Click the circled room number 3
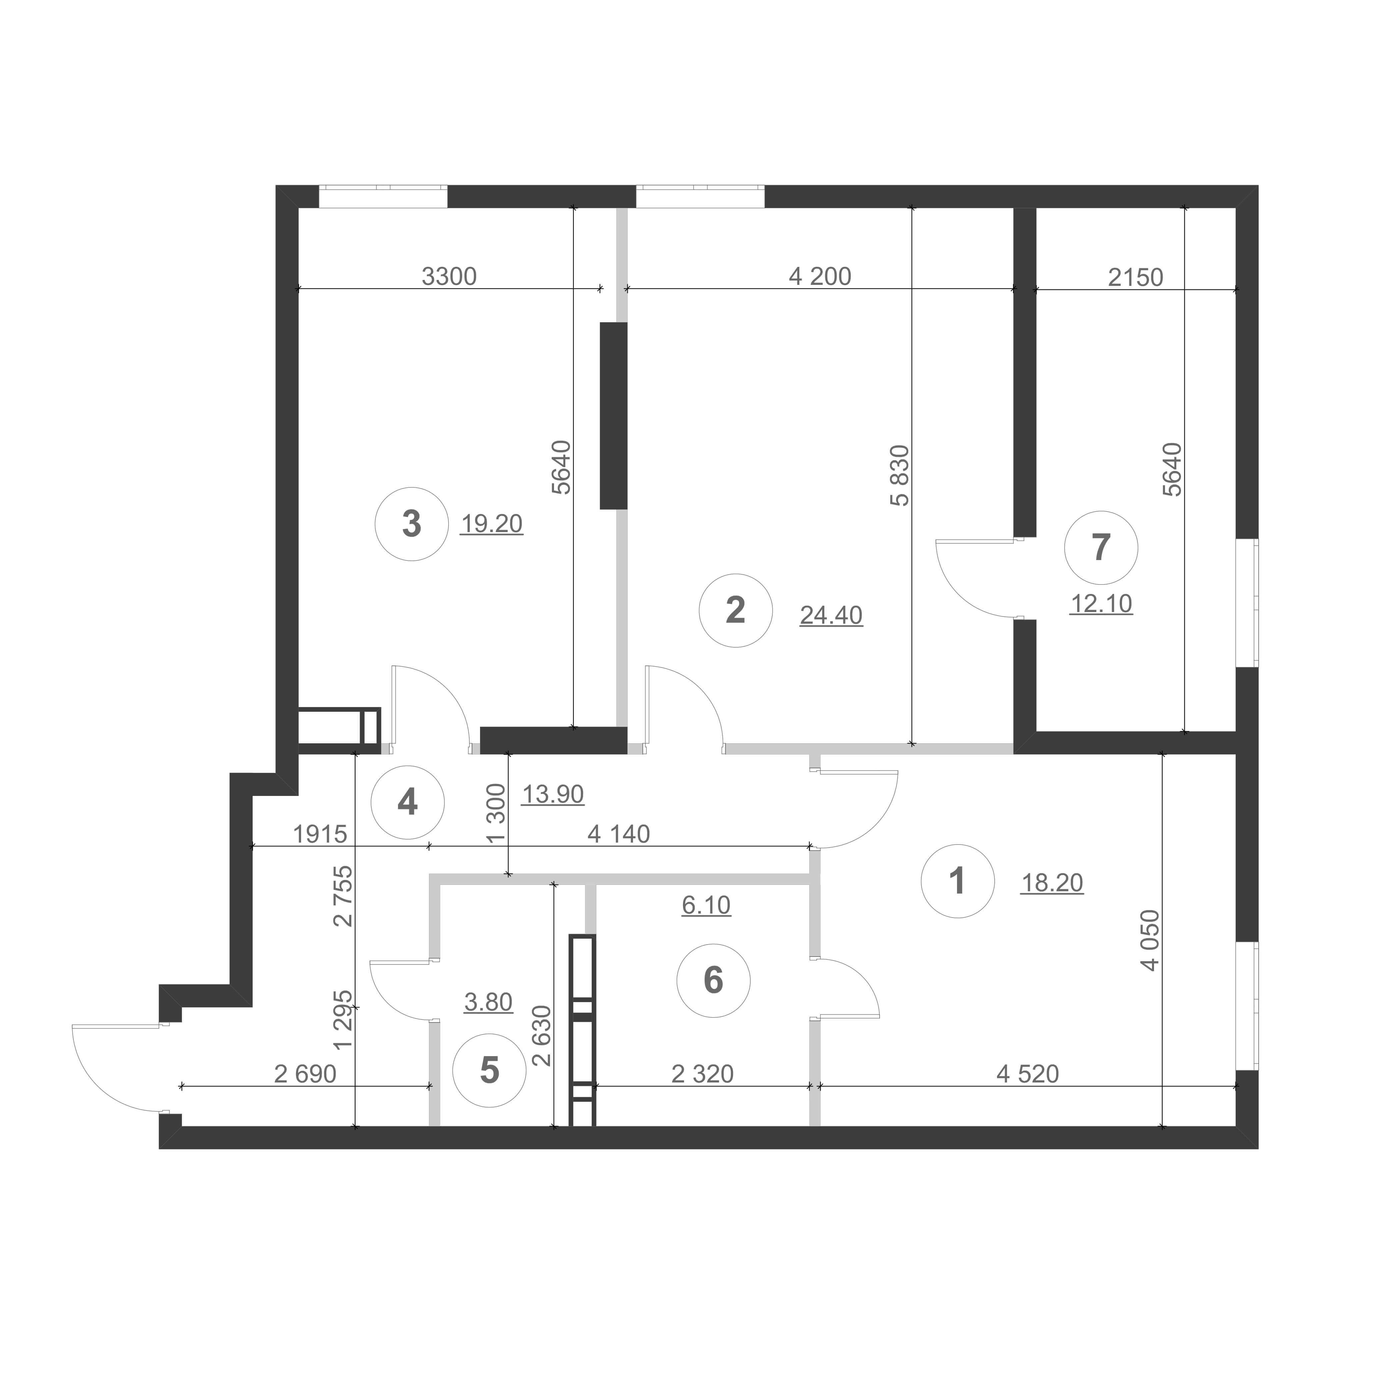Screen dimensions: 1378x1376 coord(412,524)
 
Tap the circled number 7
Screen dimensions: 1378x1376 coord(1101,547)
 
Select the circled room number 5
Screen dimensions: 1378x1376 coord(489,1071)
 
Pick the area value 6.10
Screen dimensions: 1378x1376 coord(706,905)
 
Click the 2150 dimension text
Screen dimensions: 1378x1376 coord(1135,277)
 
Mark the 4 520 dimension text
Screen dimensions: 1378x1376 coord(1028,1073)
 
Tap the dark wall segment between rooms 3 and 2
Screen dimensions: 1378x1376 coord(613,416)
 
